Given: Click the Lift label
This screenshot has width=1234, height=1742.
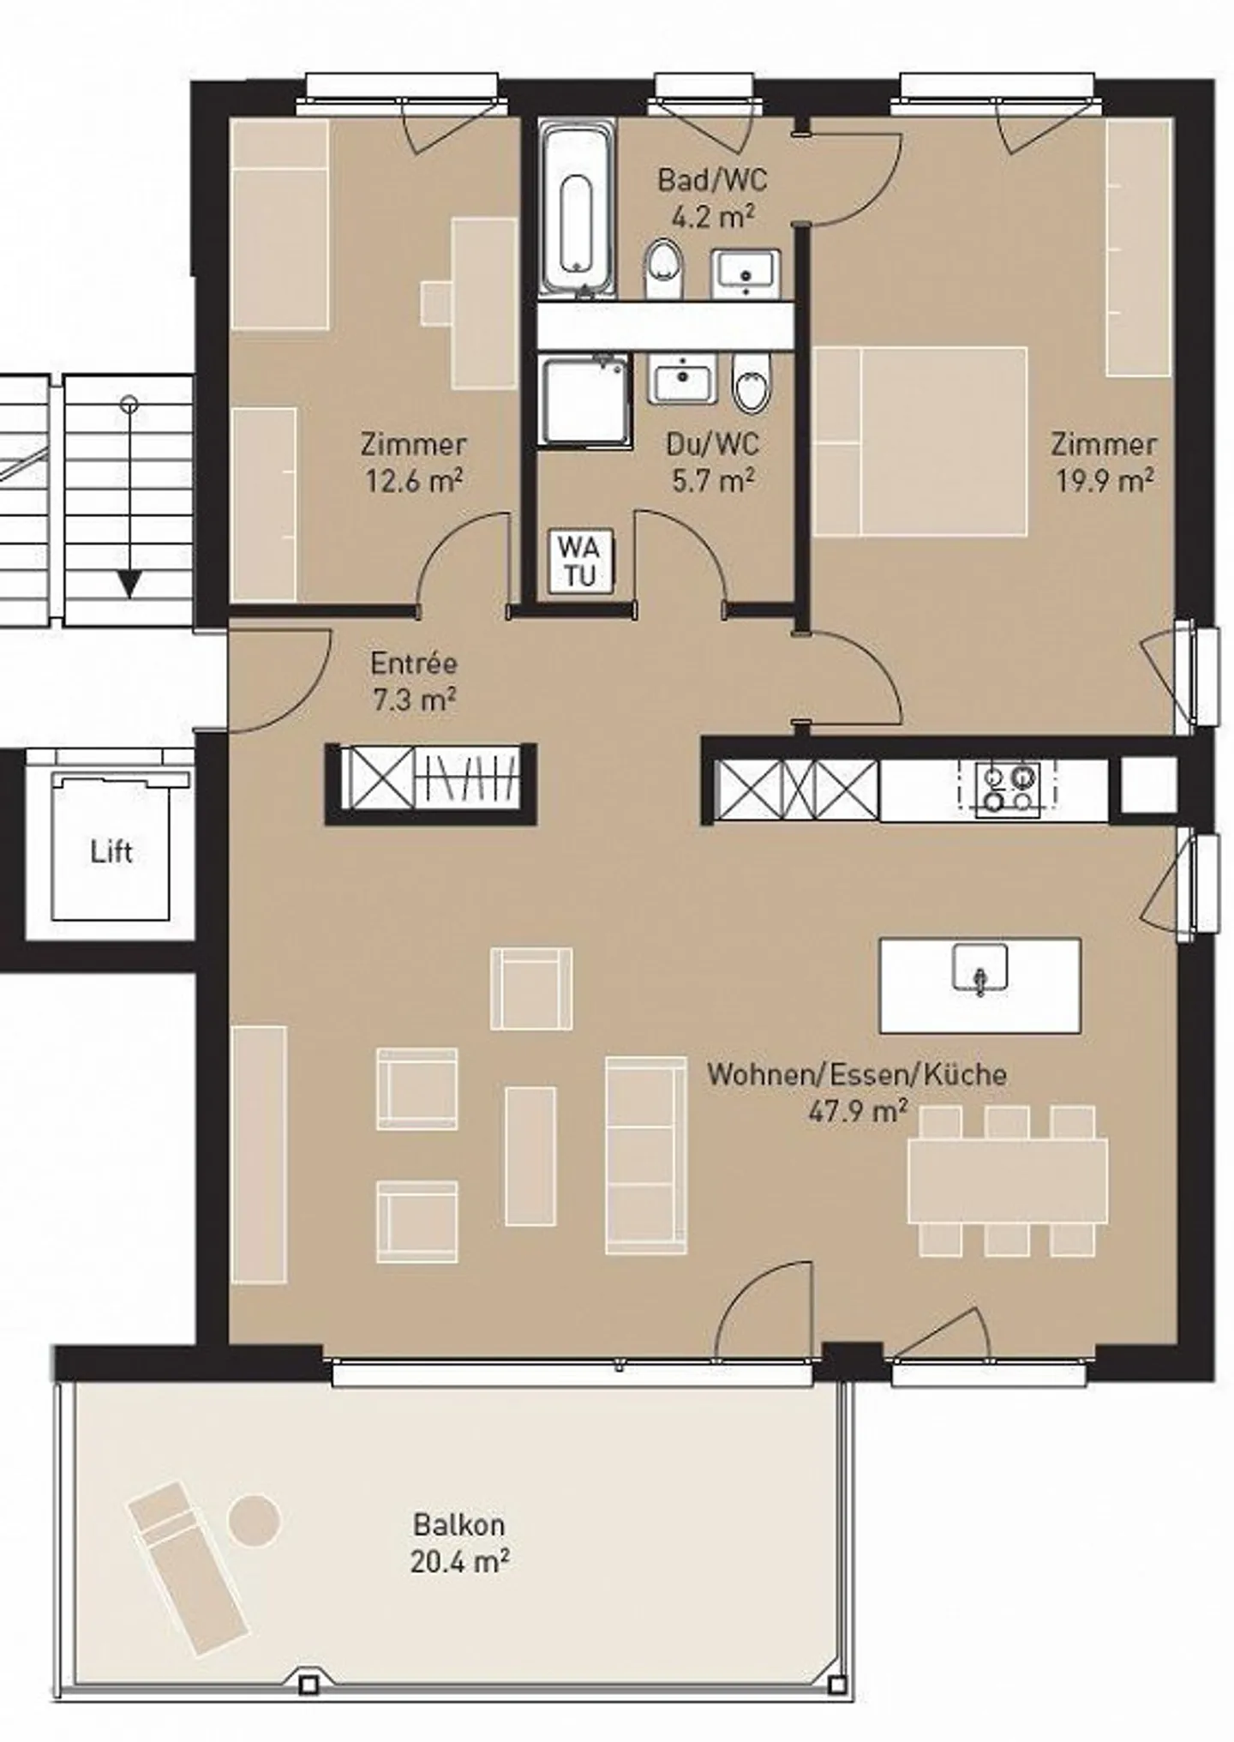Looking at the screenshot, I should click(x=111, y=851).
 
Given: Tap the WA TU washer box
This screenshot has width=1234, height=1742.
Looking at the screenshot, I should click(x=580, y=561).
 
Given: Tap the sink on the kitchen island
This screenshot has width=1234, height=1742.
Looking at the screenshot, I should click(x=979, y=969).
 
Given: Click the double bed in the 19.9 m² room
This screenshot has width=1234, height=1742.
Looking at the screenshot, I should click(x=920, y=442).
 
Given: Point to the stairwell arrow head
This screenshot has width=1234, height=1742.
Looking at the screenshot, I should click(x=129, y=586).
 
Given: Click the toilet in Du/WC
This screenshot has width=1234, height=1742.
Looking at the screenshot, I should click(x=752, y=384).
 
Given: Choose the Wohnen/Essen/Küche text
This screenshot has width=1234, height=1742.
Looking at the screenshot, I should click(x=856, y=1074).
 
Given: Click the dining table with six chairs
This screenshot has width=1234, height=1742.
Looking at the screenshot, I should click(x=1007, y=1180).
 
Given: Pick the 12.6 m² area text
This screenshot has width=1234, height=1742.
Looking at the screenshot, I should click(x=414, y=481).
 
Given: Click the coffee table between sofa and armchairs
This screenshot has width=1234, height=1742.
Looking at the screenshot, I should click(x=530, y=1156).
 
